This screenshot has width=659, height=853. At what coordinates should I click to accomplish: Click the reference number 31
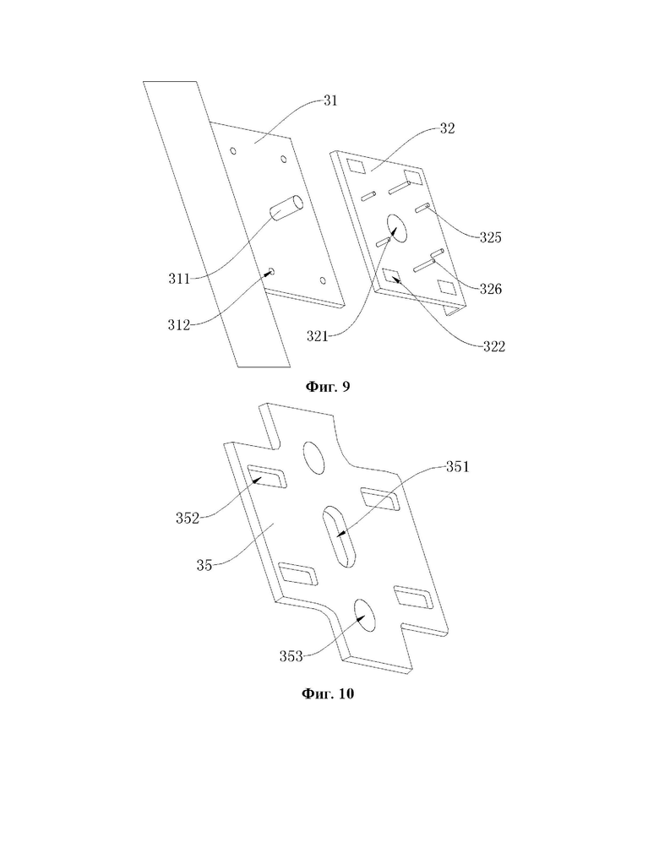click(330, 101)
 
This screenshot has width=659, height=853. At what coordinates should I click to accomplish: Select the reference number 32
click(447, 129)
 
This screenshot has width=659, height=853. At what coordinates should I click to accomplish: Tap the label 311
click(179, 279)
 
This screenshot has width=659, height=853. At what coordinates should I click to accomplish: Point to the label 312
click(179, 325)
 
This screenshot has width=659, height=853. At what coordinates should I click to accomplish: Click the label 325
click(490, 237)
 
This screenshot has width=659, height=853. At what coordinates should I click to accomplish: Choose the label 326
click(490, 290)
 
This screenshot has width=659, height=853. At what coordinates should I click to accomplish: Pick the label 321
click(318, 337)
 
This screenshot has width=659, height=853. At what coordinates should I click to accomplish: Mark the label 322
click(494, 346)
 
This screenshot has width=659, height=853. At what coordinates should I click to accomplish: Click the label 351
click(457, 467)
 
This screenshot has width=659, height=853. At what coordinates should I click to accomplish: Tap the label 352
click(188, 519)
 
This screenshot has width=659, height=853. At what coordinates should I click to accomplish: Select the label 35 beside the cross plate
click(204, 566)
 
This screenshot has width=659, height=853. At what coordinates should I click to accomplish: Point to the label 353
click(291, 656)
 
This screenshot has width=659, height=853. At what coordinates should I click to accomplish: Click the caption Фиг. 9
click(328, 387)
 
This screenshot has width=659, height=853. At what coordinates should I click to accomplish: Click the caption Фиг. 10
click(328, 693)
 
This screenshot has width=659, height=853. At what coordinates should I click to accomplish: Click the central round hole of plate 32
click(397, 228)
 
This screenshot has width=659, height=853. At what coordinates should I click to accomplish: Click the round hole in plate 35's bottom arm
click(365, 616)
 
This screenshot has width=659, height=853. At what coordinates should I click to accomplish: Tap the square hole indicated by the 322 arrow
click(393, 276)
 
